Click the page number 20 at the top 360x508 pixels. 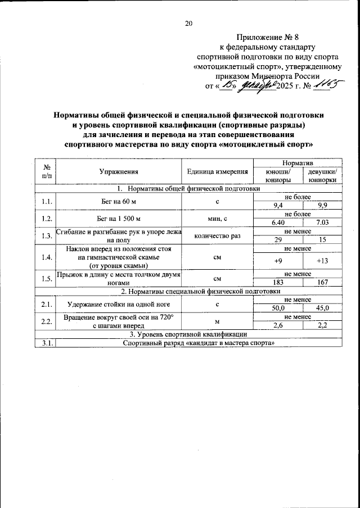point(188,24)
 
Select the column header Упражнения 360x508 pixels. point(119,171)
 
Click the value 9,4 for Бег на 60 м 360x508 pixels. point(278,206)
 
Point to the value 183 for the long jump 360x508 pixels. point(278,283)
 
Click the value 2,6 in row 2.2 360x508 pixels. point(278,325)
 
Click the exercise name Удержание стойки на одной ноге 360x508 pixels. point(119,305)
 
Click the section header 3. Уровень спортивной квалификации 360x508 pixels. point(188,334)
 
